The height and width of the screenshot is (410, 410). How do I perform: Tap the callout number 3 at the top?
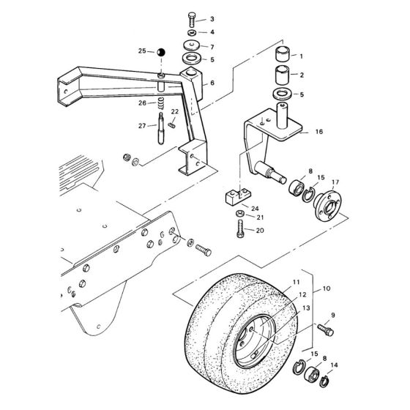[212, 19]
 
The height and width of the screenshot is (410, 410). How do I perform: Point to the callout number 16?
[318, 133]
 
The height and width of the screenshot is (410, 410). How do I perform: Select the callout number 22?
[174, 111]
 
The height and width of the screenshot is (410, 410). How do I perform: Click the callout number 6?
[212, 83]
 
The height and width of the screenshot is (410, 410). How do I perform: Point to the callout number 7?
[212, 47]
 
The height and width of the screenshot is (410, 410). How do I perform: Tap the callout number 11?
[276, 282]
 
